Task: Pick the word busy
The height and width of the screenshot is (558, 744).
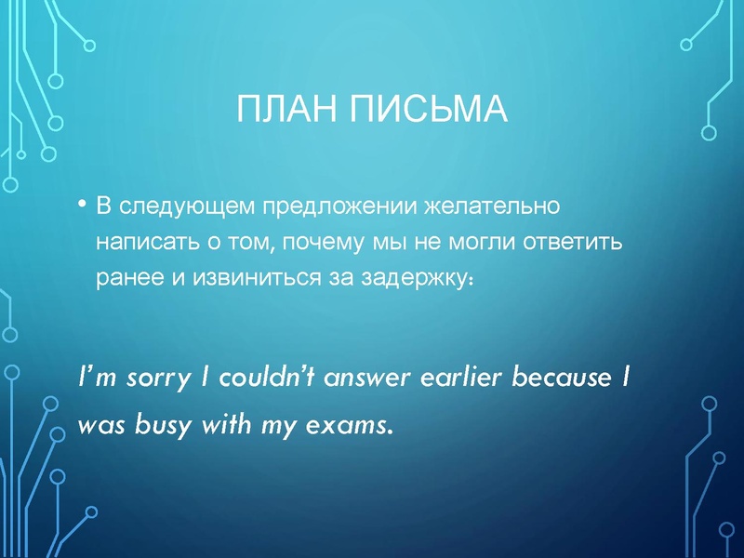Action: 151,426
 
